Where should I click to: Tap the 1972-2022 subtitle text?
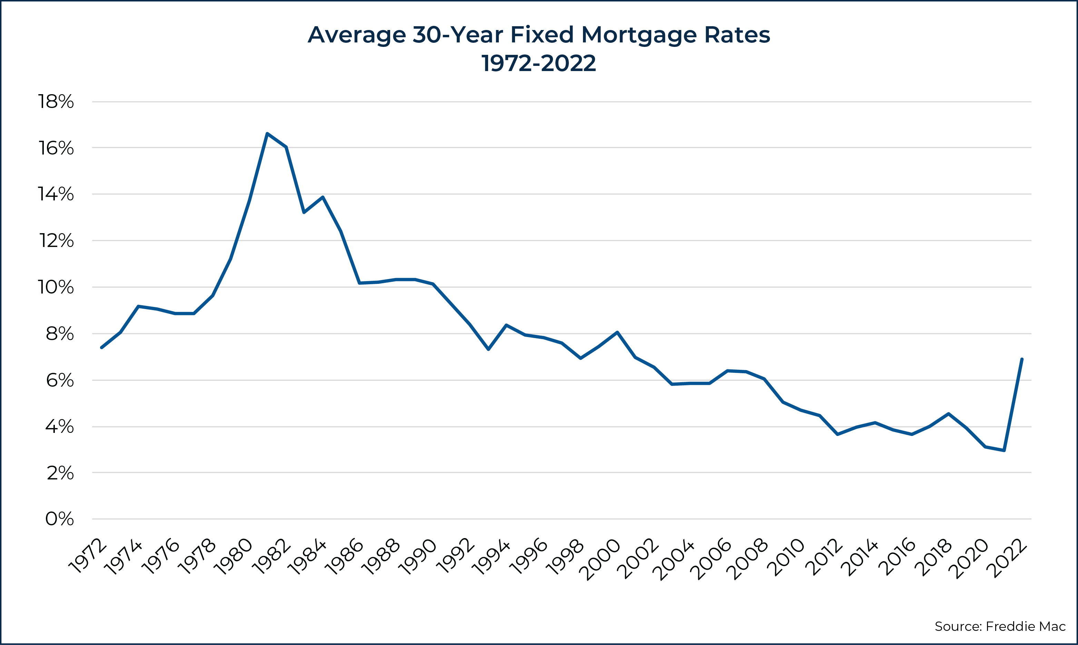[538, 64]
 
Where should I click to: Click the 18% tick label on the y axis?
[56, 102]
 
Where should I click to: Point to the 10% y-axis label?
[56, 287]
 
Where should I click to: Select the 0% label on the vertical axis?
[60, 519]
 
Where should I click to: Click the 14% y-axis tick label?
[56, 194]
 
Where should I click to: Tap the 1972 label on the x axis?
[88, 556]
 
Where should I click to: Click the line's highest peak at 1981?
[267, 134]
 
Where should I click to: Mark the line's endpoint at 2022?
[1022, 359]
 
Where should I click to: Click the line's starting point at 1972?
[101, 348]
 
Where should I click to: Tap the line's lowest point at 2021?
[1004, 450]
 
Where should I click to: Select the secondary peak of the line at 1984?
[323, 197]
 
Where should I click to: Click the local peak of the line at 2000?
[617, 333]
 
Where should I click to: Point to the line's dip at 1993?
[488, 349]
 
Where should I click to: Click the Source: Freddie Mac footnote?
[1000, 626]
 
